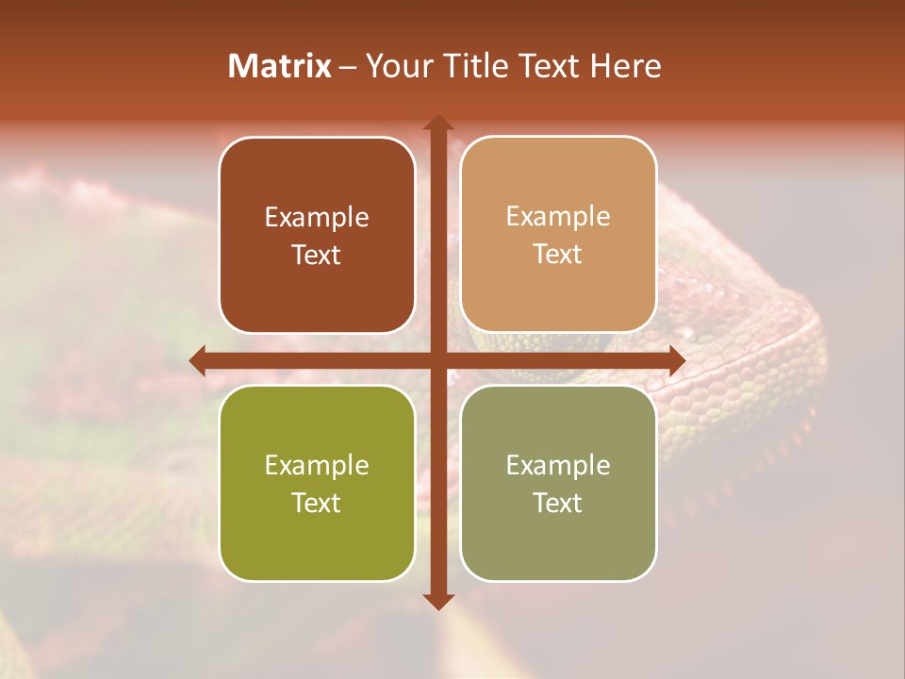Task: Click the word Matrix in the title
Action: [280, 66]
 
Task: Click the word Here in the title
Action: [626, 66]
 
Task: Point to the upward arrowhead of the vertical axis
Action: [437, 123]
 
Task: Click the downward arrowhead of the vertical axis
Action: [437, 601]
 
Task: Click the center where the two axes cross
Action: [437, 360]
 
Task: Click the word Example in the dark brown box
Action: [317, 217]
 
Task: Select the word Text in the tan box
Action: [558, 255]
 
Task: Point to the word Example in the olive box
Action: [317, 465]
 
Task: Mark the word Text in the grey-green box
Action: [558, 503]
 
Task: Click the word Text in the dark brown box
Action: [317, 255]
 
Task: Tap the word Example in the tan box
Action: [558, 216]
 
